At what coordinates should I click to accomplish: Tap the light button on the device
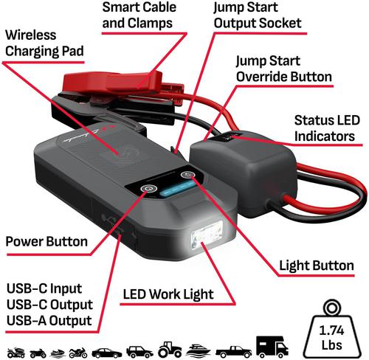pyautogui.click(x=188, y=175)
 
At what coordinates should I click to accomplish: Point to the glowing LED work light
pyautogui.click(x=207, y=235)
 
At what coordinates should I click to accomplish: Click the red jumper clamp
pyautogui.click(x=123, y=83)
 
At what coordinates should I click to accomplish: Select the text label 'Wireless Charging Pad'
pyautogui.click(x=44, y=43)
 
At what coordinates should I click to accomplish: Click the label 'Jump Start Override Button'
pyautogui.click(x=284, y=69)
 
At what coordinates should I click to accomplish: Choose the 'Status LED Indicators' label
pyautogui.click(x=327, y=128)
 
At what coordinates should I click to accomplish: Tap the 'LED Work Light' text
pyautogui.click(x=168, y=294)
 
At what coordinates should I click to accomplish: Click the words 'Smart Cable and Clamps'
pyautogui.click(x=139, y=15)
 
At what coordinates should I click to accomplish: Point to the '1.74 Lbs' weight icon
pyautogui.click(x=331, y=330)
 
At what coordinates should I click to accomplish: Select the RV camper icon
pyautogui.click(x=272, y=347)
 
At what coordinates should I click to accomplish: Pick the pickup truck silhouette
pyautogui.click(x=234, y=352)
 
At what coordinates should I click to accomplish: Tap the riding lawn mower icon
pyautogui.click(x=16, y=353)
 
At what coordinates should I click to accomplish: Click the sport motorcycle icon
pyautogui.click(x=78, y=353)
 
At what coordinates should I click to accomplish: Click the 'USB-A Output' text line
pyautogui.click(x=49, y=321)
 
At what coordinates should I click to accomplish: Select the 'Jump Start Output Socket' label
pyautogui.click(x=258, y=15)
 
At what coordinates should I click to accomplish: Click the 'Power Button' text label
pyautogui.click(x=46, y=241)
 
